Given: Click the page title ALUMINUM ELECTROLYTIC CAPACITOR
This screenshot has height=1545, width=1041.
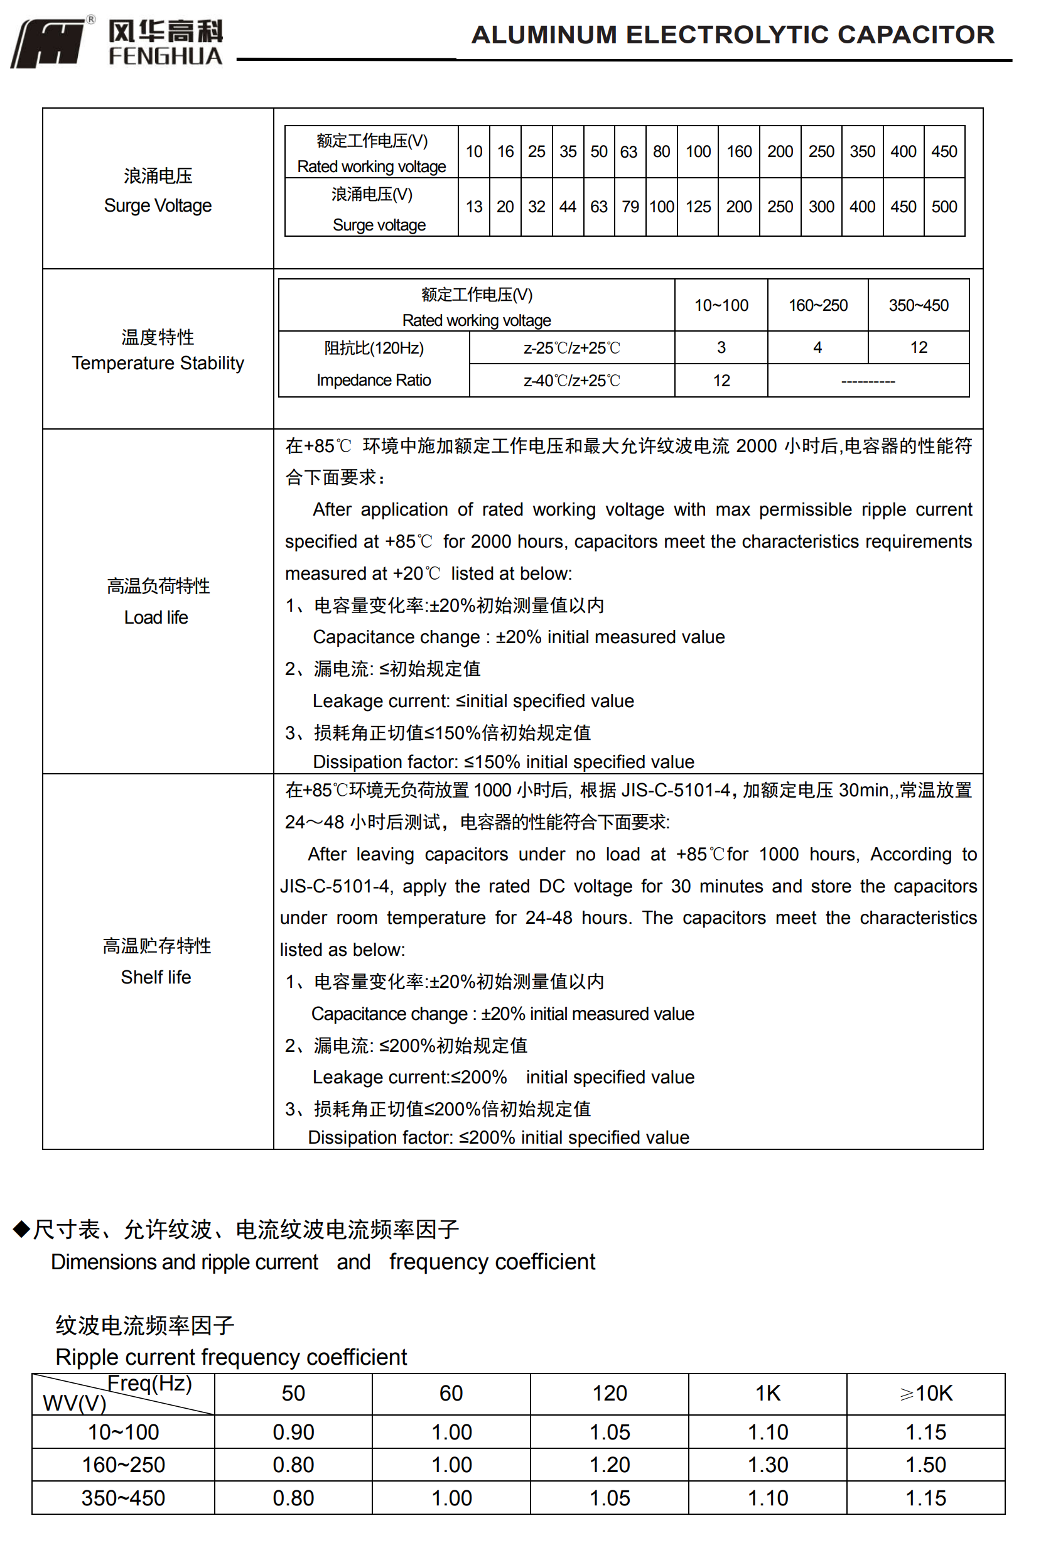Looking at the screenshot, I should click(x=732, y=35).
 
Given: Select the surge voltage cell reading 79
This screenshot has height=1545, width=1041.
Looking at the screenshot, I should click(x=630, y=207).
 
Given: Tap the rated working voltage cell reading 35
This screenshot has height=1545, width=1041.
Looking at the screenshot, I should click(x=568, y=151).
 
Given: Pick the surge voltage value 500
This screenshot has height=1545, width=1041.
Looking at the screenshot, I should click(x=944, y=207).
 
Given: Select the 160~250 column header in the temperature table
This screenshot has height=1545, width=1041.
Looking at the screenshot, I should click(x=818, y=305).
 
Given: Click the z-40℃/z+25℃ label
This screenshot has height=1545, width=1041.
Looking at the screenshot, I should click(x=571, y=381).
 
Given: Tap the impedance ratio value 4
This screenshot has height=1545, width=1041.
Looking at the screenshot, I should click(x=818, y=347).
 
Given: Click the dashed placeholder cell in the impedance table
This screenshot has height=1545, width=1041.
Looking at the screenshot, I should click(x=868, y=381).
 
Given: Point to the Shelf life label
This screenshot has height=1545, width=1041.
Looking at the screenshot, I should click(x=156, y=977).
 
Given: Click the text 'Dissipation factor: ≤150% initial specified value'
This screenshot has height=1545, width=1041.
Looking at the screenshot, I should click(x=504, y=762).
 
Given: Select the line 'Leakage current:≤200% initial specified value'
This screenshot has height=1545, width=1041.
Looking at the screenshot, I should click(x=504, y=1077).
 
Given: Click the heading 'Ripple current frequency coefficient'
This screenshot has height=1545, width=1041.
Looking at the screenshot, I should click(x=231, y=1357).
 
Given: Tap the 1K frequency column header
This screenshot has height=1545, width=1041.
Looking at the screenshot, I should click(x=767, y=1393).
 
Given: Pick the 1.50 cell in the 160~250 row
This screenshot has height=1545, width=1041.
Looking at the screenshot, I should click(x=925, y=1465).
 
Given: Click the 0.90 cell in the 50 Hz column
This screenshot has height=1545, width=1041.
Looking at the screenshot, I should click(x=293, y=1432).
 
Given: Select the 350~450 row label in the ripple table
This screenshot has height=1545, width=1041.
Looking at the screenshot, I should click(x=123, y=1498).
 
